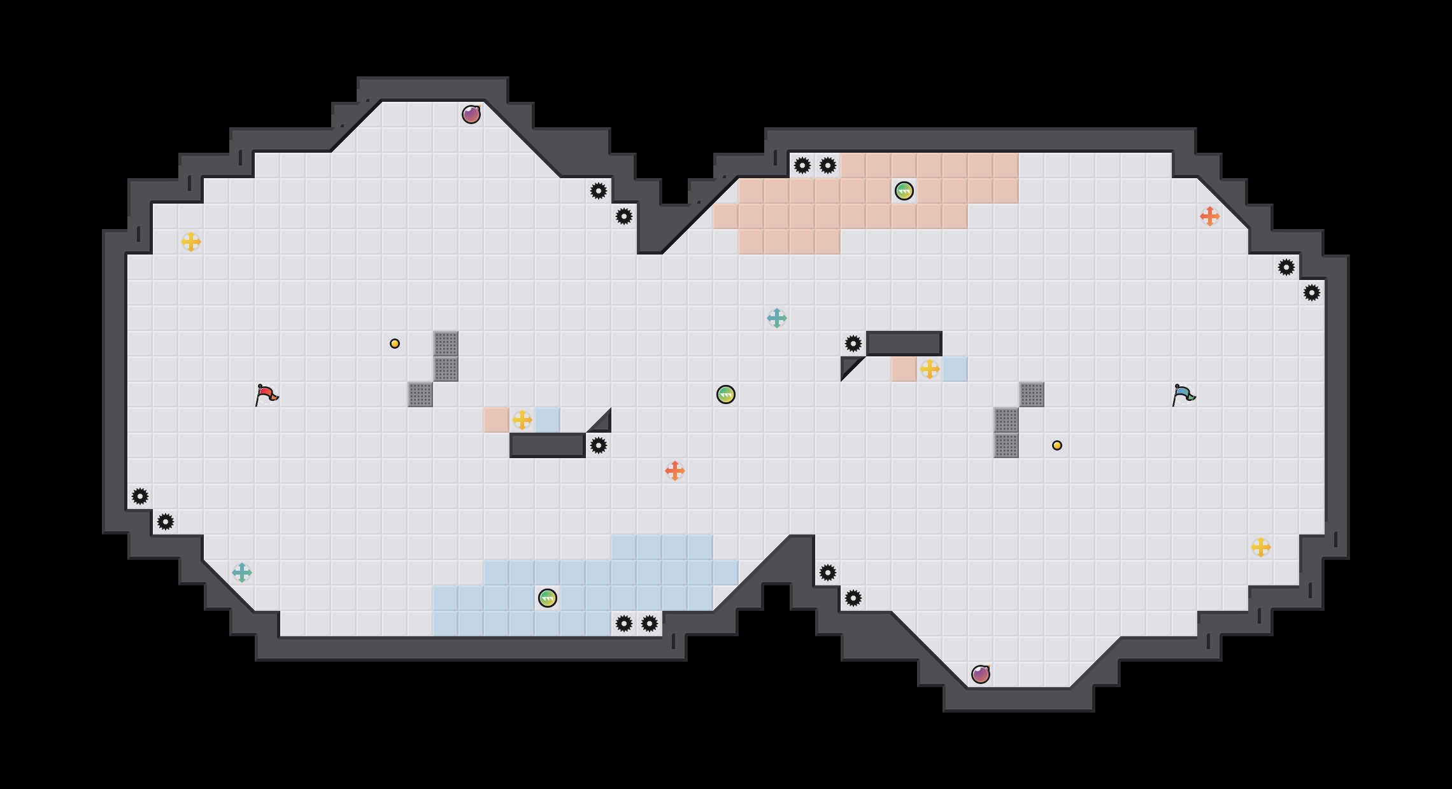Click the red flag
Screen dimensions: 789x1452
click(266, 394)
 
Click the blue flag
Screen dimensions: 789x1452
click(1183, 394)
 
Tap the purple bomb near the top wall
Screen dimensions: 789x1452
click(471, 115)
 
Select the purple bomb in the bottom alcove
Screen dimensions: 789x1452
click(981, 674)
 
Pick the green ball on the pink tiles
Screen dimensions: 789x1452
click(904, 191)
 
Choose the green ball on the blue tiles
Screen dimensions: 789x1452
click(548, 598)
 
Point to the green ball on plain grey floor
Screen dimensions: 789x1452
click(726, 394)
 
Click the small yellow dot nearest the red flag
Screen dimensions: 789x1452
click(395, 344)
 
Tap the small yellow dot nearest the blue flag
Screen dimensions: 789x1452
click(1057, 445)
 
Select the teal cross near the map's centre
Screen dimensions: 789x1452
click(777, 318)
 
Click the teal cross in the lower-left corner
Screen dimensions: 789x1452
click(242, 573)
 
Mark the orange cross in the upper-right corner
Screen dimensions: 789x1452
click(1210, 216)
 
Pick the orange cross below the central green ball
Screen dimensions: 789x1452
click(675, 471)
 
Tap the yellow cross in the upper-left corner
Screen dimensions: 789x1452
click(191, 242)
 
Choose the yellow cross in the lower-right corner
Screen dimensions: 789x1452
click(1261, 547)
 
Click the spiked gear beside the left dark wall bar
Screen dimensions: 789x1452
click(599, 445)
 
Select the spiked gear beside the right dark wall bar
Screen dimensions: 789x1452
click(853, 344)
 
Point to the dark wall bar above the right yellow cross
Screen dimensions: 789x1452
click(904, 344)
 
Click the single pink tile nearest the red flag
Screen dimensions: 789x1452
click(497, 420)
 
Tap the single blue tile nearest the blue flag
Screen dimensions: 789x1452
click(955, 369)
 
